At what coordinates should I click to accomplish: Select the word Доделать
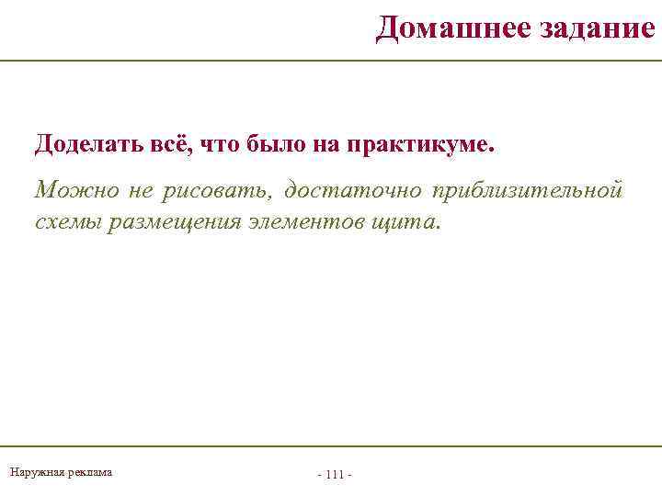(80, 144)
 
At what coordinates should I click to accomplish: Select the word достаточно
(353, 190)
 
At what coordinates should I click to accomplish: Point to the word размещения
(174, 222)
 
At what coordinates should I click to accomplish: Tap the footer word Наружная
(35, 472)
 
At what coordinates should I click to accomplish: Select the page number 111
(335, 475)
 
